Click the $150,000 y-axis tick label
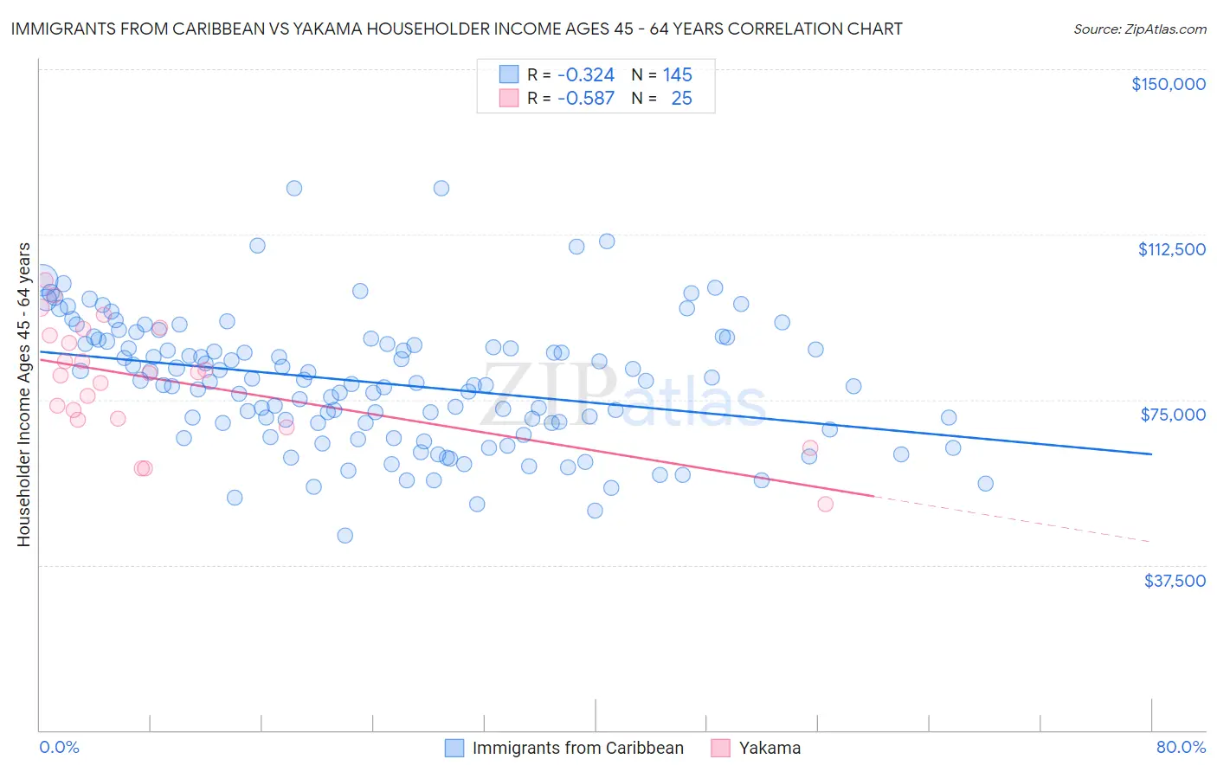(x=1168, y=84)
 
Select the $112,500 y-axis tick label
(x=1171, y=249)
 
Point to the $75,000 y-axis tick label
(x=1173, y=415)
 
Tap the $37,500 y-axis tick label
(x=1175, y=581)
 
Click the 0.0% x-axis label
(x=59, y=747)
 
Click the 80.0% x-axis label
(x=1181, y=747)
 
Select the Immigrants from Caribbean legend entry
(x=577, y=748)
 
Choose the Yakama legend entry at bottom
(x=769, y=748)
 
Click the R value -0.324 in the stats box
(x=585, y=75)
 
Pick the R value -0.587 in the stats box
(x=585, y=99)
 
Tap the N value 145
(x=678, y=75)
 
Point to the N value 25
(x=681, y=99)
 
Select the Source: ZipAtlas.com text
(x=1139, y=29)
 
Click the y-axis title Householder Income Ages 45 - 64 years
(x=24, y=395)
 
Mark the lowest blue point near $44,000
(x=344, y=536)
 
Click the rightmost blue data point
(x=985, y=484)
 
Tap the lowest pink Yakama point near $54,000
(x=825, y=504)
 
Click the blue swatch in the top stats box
(x=508, y=74)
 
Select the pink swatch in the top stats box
(x=508, y=98)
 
